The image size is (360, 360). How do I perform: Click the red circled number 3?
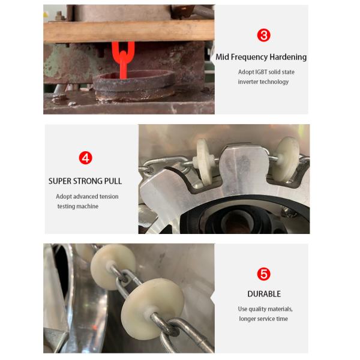click(x=263, y=35)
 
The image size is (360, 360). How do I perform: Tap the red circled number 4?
click(x=86, y=158)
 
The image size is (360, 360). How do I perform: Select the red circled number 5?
click(x=263, y=274)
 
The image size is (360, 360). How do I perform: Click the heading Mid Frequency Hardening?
click(x=262, y=57)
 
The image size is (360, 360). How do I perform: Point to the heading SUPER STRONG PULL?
click(x=85, y=181)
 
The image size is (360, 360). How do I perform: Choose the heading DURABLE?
click(x=264, y=294)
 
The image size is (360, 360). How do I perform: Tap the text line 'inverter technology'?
click(x=263, y=82)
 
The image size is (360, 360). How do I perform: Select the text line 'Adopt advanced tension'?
click(x=87, y=196)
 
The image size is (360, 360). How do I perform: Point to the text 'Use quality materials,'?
click(x=265, y=309)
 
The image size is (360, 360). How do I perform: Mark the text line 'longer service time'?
click(x=263, y=319)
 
